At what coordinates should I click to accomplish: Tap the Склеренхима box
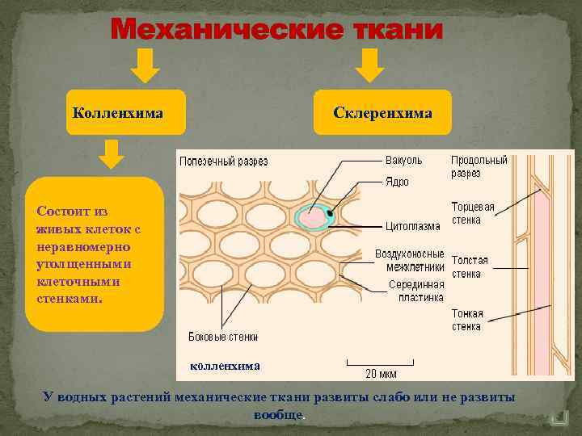click(x=382, y=112)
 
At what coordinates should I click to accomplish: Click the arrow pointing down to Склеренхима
click(x=370, y=65)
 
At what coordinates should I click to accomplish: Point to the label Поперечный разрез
click(x=224, y=161)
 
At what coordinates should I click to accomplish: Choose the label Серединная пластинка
click(x=416, y=291)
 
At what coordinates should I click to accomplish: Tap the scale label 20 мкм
click(x=382, y=374)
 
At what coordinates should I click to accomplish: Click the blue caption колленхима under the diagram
click(x=225, y=366)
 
